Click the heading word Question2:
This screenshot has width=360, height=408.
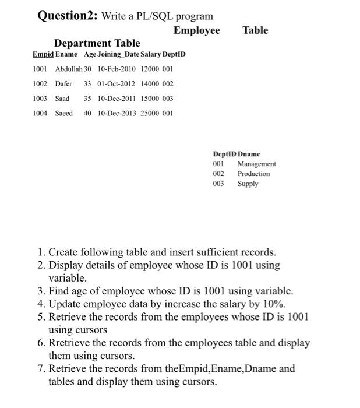point(68,16)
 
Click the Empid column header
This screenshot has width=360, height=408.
point(43,54)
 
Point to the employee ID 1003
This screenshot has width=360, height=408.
point(40,99)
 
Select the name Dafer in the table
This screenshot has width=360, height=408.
point(63,83)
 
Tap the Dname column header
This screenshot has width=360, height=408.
point(249,154)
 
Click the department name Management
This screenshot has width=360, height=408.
point(256,164)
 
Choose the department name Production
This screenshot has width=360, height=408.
point(253,174)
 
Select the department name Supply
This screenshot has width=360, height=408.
point(248,184)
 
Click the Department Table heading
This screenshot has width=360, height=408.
point(97,43)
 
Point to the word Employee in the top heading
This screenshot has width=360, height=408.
point(197,30)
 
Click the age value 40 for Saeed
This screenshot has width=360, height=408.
point(87,113)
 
